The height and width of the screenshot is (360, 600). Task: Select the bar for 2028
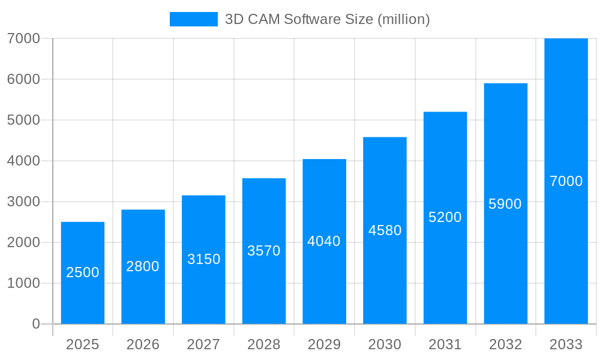(264, 282)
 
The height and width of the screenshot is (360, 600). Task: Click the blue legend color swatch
(193, 19)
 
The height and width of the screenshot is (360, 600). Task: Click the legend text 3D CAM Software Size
(327, 19)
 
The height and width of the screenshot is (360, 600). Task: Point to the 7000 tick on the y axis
(23, 38)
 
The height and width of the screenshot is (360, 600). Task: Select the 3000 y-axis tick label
(23, 202)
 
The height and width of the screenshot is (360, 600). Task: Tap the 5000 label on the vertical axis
(23, 120)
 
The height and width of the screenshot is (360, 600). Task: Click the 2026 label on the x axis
(143, 344)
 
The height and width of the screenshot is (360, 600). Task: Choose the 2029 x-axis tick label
(324, 344)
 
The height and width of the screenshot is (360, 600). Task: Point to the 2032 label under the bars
(505, 344)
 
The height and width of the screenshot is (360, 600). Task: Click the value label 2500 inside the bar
(83, 272)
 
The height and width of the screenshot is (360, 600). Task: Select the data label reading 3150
(204, 259)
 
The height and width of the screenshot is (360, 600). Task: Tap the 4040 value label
(324, 241)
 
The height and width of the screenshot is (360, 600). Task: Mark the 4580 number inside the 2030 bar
(385, 230)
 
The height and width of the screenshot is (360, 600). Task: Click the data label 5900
(505, 204)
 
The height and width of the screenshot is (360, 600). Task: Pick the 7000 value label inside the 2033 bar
(566, 181)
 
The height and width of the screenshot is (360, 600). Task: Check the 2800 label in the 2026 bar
(143, 266)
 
